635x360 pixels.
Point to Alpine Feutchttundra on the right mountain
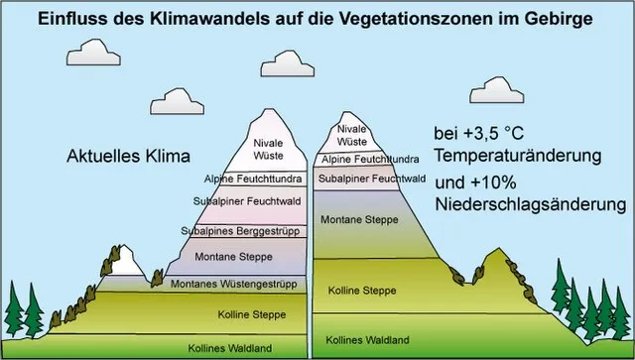[x=370, y=159]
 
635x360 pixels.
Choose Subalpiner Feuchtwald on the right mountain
[x=371, y=179]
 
